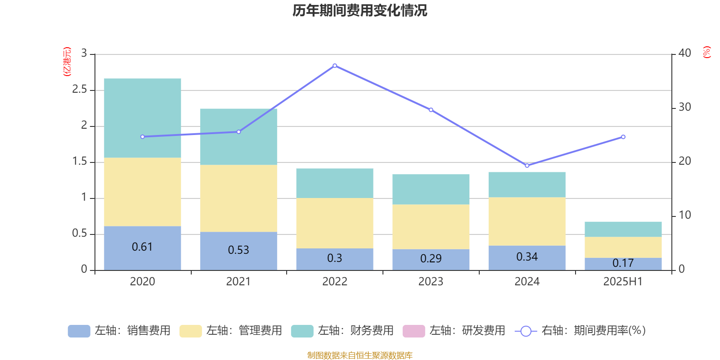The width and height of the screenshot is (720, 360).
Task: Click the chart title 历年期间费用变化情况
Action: coord(360,11)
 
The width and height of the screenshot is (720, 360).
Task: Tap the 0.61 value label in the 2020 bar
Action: coord(142,247)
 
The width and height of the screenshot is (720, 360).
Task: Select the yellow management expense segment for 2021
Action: coord(238,198)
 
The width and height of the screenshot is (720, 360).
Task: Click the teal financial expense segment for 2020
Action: coord(143,118)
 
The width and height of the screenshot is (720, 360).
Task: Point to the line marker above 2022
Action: coord(335,66)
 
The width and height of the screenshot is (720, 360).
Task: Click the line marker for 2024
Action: coord(527,166)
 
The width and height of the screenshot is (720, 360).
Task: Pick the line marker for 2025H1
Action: coord(623,137)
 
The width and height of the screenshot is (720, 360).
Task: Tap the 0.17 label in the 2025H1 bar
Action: coord(623,263)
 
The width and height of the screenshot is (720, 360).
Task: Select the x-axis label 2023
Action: coord(431,282)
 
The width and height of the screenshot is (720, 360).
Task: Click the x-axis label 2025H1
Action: coord(623,282)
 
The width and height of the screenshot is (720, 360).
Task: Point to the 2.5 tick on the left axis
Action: coord(80,90)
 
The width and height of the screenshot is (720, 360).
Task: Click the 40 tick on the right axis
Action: coord(684,53)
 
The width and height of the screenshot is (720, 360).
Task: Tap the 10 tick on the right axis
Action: coord(684,215)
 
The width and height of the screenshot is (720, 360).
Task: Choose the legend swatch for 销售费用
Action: coord(79,331)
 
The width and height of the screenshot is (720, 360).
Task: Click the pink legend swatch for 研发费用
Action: coord(414,331)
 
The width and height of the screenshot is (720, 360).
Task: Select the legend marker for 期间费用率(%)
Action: coord(526,331)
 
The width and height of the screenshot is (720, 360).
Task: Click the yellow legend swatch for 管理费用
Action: coord(190,331)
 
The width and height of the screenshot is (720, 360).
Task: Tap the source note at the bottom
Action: coord(360,355)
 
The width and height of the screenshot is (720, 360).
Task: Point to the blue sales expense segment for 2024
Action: coord(527,257)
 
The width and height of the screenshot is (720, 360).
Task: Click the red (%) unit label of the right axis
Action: coord(707,52)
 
